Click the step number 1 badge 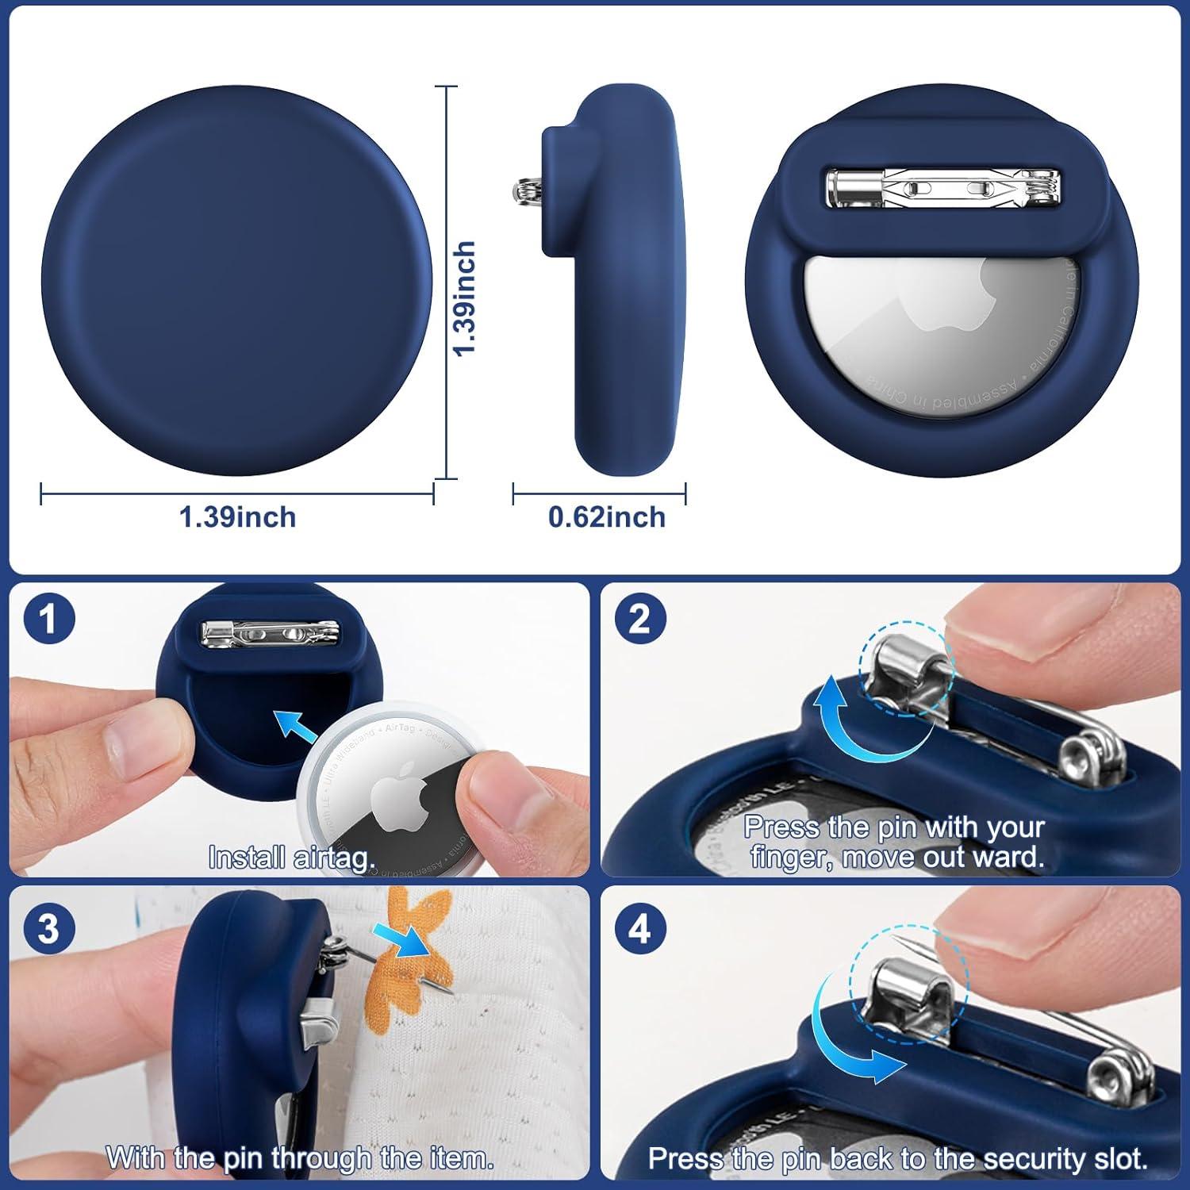pos(49,618)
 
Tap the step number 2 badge pos(640,618)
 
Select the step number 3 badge pos(49,927)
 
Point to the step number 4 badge pos(640,927)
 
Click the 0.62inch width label pos(607,517)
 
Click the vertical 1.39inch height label pos(464,298)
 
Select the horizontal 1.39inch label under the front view pos(237,517)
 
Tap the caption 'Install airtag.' pos(291,858)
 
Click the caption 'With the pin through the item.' pos(300,1157)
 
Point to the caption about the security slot pos(897,1158)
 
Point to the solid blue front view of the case pos(236,280)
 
